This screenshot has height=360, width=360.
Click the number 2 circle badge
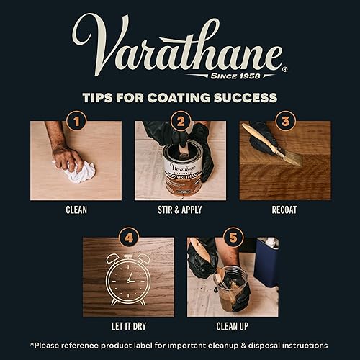pyautogui.click(x=180, y=121)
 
